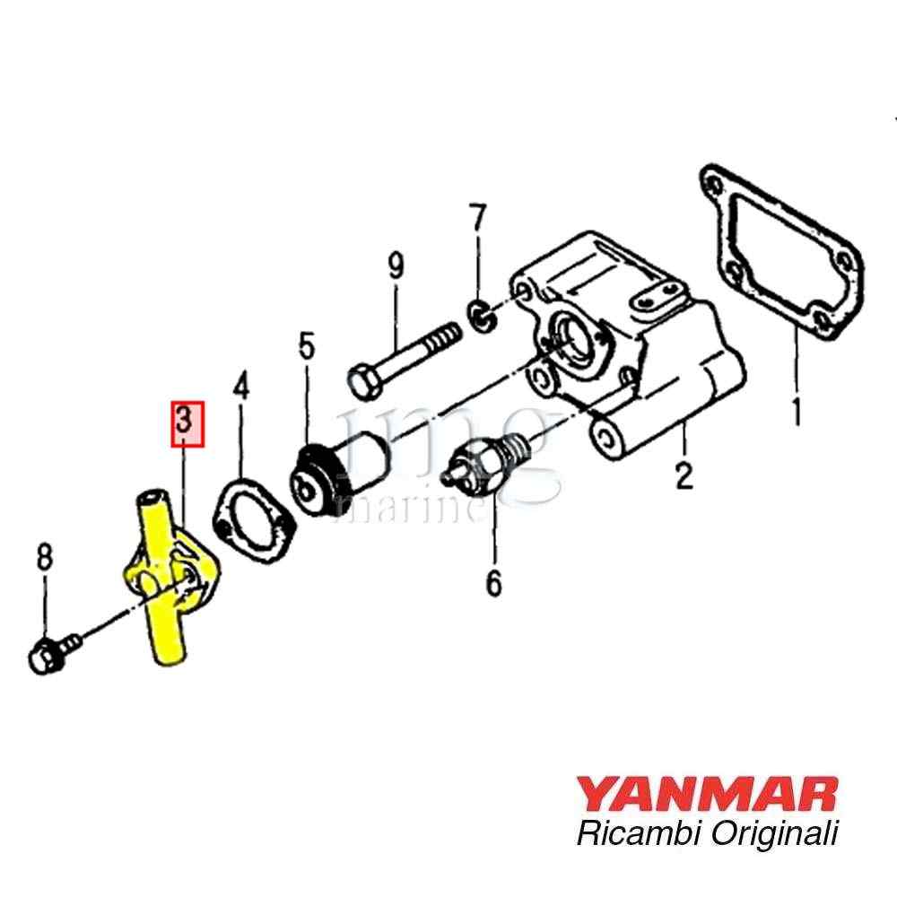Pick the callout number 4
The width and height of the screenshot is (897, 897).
pos(240,386)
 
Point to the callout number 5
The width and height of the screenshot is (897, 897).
pos(307,346)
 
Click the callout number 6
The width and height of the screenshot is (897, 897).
pos(493,583)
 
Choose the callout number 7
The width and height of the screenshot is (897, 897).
pos(478,217)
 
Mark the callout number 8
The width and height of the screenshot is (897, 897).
pos(45,557)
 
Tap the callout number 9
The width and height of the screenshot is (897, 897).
pos(396,266)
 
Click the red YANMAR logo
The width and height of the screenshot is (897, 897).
pos(707,794)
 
